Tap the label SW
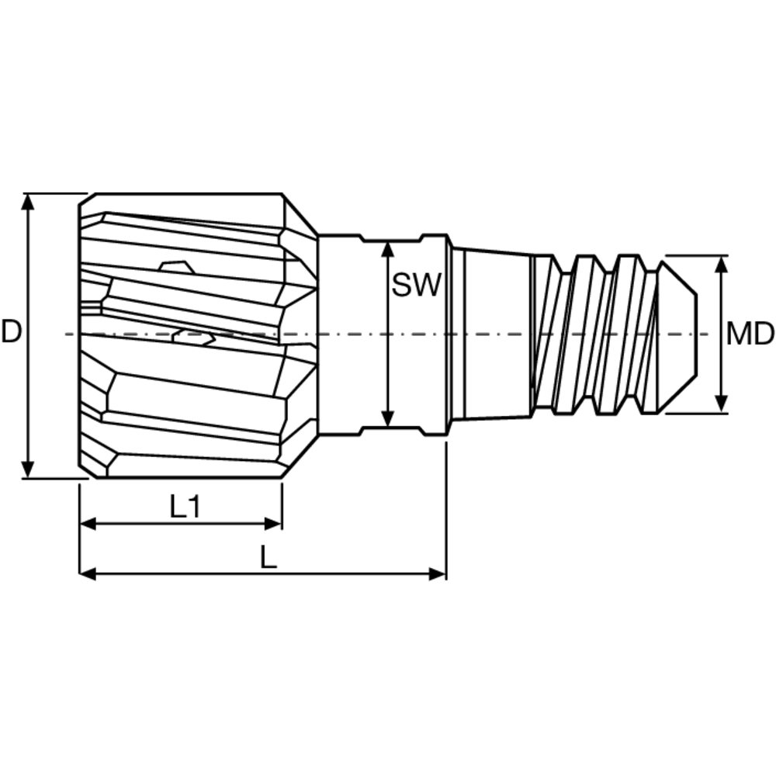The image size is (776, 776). click(416, 286)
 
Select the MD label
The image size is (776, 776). click(750, 334)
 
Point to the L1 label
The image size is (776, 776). click(185, 508)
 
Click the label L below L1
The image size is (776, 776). click(268, 557)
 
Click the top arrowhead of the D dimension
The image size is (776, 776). click(28, 201)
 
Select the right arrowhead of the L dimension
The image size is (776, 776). click(438, 574)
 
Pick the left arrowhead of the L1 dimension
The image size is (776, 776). click(88, 524)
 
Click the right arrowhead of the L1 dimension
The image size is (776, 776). click(274, 524)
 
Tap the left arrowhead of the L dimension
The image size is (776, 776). click(88, 574)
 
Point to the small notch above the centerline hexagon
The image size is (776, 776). click(175, 267)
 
